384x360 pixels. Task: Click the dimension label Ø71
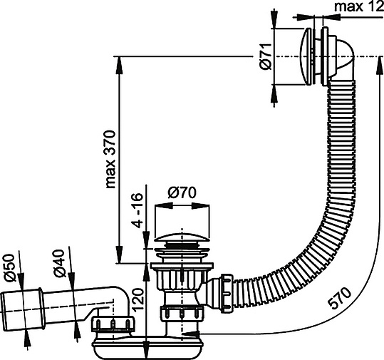266,56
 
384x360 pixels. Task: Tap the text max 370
110,159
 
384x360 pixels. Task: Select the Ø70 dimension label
182,192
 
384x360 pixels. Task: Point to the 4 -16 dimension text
136,210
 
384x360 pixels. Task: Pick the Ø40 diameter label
58,264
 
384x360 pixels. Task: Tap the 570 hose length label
340,298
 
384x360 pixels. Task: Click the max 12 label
359,7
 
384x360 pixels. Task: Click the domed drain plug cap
182,237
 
